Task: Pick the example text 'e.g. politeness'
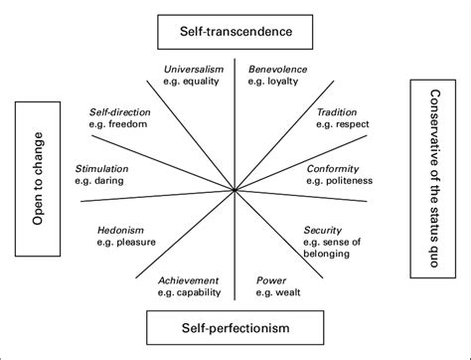pyautogui.click(x=338, y=182)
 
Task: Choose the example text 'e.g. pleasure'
pyautogui.click(x=126, y=243)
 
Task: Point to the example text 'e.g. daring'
pyautogui.click(x=101, y=183)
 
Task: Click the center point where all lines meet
pyautogui.click(x=235, y=189)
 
